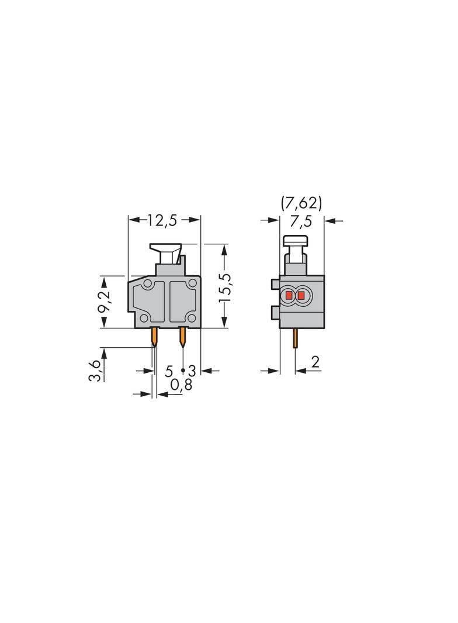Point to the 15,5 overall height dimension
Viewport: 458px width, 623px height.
pyautogui.click(x=225, y=286)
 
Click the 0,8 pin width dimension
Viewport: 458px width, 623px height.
pyautogui.click(x=182, y=385)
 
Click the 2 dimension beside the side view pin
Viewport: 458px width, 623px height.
pyautogui.click(x=315, y=362)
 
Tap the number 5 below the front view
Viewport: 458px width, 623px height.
pyautogui.click(x=169, y=371)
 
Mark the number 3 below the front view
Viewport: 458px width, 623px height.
pyautogui.click(x=191, y=371)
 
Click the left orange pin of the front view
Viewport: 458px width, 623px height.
pyautogui.click(x=155, y=336)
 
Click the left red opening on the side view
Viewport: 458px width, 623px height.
pyautogui.click(x=289, y=296)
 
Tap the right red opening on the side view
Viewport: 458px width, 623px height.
pyautogui.click(x=301, y=296)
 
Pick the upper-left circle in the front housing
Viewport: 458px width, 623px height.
pyautogui.click(x=147, y=284)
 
